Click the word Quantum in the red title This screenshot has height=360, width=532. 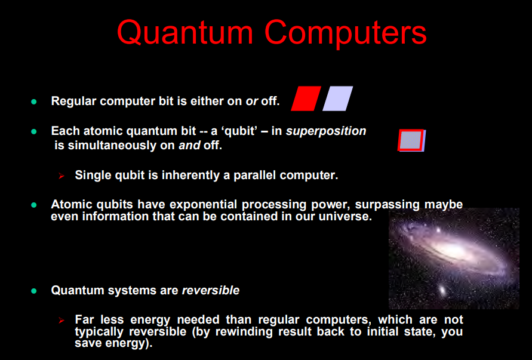(x=185, y=33)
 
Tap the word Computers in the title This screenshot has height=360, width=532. (x=345, y=33)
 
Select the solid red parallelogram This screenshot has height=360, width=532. (x=306, y=99)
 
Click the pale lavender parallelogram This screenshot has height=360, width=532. (x=337, y=99)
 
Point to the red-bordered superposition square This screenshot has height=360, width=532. (x=411, y=140)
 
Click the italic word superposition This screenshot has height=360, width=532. (x=326, y=131)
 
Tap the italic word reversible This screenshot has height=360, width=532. (x=211, y=290)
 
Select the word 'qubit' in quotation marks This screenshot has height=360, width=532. (x=239, y=131)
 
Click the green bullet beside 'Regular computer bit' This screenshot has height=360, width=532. (x=34, y=101)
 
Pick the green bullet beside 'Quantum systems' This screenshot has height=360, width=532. (x=34, y=291)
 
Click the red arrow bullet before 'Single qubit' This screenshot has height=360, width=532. (x=61, y=176)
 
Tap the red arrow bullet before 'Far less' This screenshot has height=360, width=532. (x=61, y=321)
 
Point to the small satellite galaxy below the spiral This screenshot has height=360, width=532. (x=442, y=290)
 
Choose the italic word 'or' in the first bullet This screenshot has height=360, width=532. (x=252, y=101)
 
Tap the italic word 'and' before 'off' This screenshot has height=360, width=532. (x=190, y=146)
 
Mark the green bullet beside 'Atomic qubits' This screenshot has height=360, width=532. (x=34, y=205)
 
